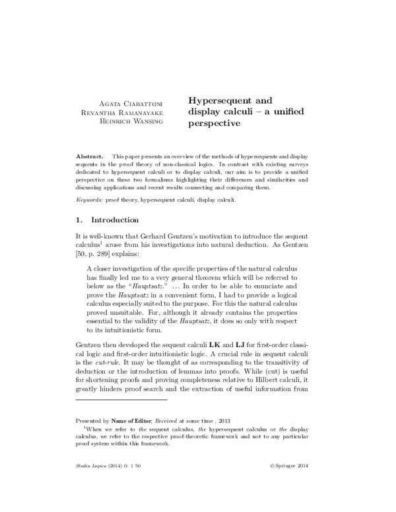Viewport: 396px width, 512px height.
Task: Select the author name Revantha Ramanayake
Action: click(129, 113)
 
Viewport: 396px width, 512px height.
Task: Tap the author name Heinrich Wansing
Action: click(135, 123)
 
